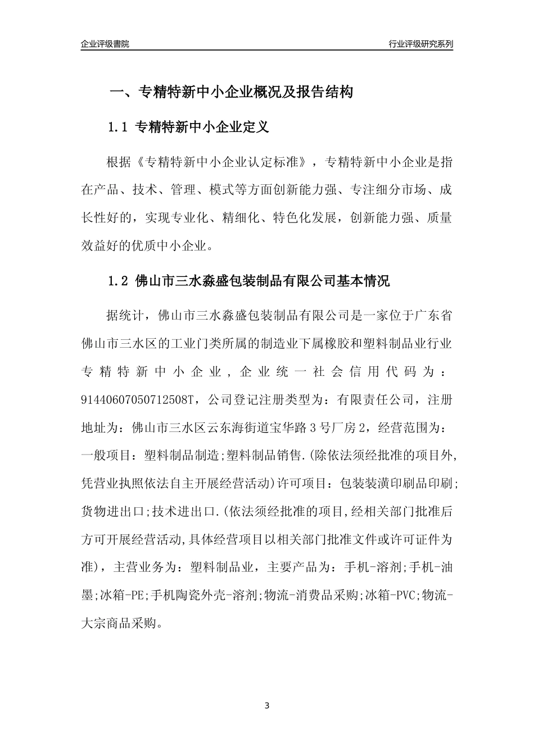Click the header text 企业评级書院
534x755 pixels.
click(105, 44)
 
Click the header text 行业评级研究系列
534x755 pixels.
click(420, 44)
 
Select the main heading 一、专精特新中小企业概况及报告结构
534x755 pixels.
click(230, 92)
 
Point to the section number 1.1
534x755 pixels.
click(119, 128)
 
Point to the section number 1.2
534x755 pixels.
click(119, 281)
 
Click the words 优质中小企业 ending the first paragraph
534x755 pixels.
click(171, 245)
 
